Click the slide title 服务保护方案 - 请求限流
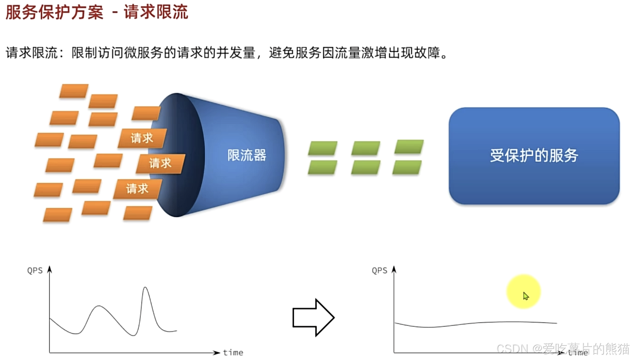pyautogui.click(x=97, y=13)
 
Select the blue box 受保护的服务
pyautogui.click(x=534, y=155)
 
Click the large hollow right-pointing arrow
pyautogui.click(x=313, y=317)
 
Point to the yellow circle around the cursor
pyautogui.click(x=523, y=291)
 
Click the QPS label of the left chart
pyautogui.click(x=35, y=271)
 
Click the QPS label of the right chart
pyautogui.click(x=379, y=271)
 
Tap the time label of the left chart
pyautogui.click(x=233, y=353)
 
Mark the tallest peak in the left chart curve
pyautogui.click(x=145, y=288)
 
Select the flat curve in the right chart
pyautogui.click(x=476, y=324)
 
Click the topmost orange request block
pyautogui.click(x=74, y=91)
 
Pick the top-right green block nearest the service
pyautogui.click(x=409, y=147)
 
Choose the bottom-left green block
pyautogui.click(x=322, y=167)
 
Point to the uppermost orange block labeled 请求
pyautogui.click(x=142, y=138)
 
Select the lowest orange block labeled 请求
pyautogui.click(x=137, y=189)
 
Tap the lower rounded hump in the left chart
pyautogui.click(x=99, y=306)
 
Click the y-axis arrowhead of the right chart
pyautogui.click(x=394, y=269)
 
